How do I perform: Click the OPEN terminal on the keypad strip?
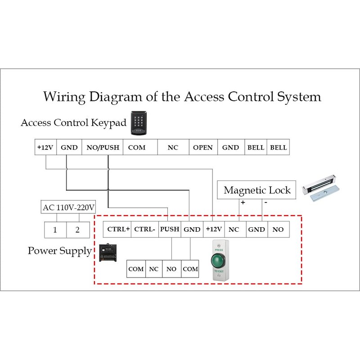point(202,148)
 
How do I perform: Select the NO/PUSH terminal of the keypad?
point(103,148)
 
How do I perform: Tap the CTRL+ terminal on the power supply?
point(118,229)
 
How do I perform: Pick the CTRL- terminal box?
point(145,229)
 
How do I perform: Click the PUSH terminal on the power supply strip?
point(170,229)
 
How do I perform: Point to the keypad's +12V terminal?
point(45,148)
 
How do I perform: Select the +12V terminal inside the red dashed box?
point(214,229)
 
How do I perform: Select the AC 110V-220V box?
point(68,207)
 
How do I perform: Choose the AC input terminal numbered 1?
point(55,230)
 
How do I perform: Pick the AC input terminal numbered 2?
point(77,230)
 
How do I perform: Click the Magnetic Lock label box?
point(257,190)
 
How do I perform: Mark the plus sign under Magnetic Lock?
point(243,203)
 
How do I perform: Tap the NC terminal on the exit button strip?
point(153,269)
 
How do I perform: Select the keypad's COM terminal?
point(137,148)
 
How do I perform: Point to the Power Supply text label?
point(59,251)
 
